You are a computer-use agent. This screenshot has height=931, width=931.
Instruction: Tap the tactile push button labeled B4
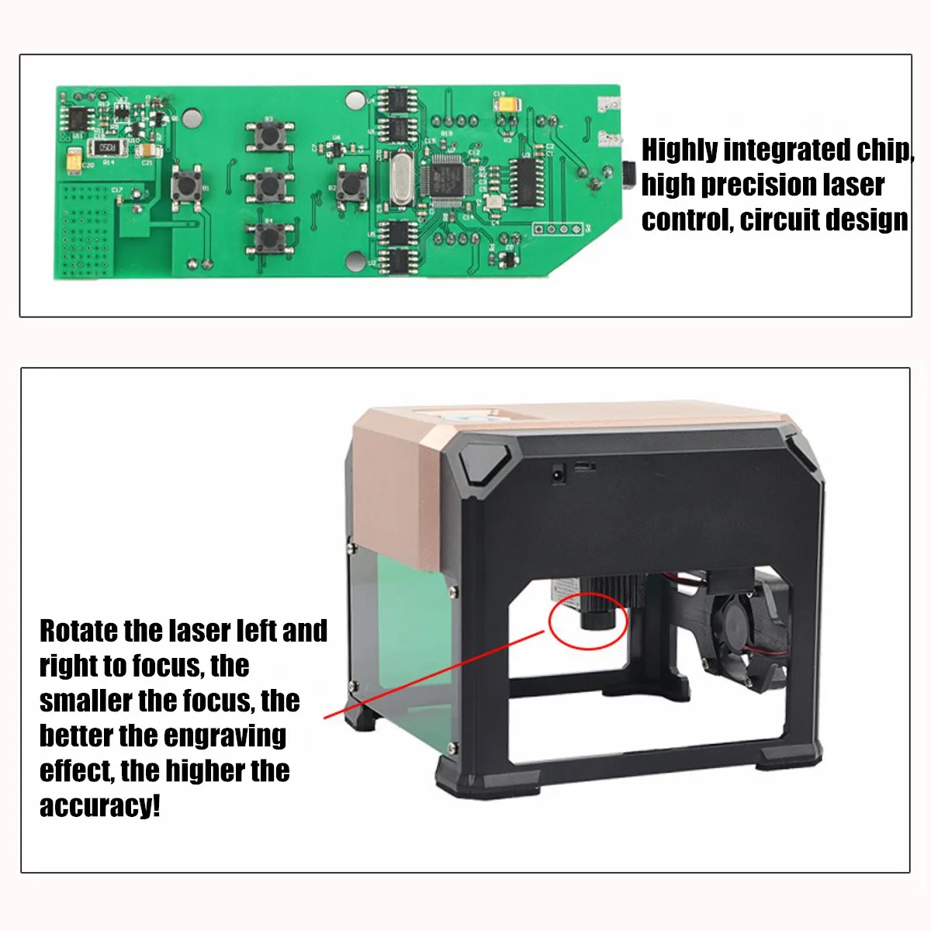269,235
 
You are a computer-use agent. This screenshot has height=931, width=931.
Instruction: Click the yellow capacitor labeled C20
73,158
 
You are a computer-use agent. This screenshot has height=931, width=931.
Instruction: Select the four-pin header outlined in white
558,229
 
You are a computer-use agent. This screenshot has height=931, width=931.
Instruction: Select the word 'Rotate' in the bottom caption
79,631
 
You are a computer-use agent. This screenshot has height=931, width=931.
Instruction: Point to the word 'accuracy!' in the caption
100,806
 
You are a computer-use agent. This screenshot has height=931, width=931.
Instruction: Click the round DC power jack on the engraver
556,473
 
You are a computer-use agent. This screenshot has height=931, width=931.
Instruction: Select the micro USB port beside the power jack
584,467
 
